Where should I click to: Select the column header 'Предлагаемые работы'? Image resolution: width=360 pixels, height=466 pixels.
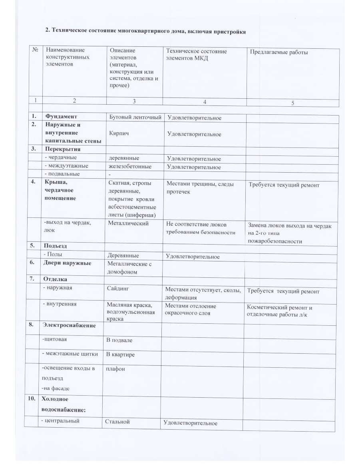tap(278, 52)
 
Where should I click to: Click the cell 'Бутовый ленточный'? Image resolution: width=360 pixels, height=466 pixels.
tap(135, 117)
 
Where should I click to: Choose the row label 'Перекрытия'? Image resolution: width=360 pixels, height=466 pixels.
tap(62, 149)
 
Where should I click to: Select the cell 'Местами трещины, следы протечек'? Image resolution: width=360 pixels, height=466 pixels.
tap(200, 188)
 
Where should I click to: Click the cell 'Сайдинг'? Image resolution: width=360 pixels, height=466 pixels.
tap(119, 288)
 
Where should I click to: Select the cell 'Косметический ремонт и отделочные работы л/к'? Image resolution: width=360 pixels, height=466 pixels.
tap(280, 311)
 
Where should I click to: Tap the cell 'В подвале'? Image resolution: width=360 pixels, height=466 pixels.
tap(119, 340)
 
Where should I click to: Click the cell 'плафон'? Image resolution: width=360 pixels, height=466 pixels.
tap(115, 369)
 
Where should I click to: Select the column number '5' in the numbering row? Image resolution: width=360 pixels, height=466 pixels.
tap(292, 103)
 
